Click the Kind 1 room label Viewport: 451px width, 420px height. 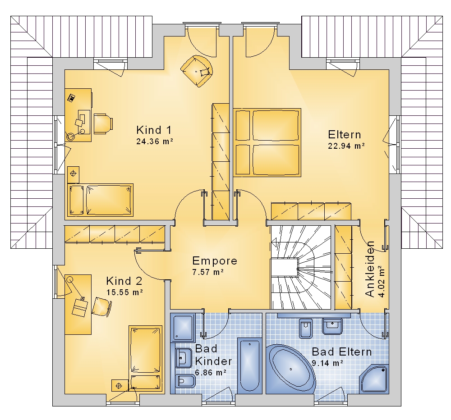pos(154,130)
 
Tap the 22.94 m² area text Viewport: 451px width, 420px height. pos(346,146)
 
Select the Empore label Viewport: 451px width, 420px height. pos(215,261)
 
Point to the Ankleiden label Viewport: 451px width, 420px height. pos(370,269)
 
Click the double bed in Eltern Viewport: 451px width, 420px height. pos(267,142)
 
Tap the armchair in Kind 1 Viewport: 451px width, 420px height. pos(198,71)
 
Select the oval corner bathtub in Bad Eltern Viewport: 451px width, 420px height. pos(291,369)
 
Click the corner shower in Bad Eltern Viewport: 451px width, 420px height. pos(375,379)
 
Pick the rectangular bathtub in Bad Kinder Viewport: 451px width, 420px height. pos(250,365)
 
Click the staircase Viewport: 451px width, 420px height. pos(301,268)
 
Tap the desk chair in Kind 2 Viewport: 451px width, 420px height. pos(102,307)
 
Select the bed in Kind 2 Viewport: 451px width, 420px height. pos(146,358)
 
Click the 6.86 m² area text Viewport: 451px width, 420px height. pos(211,373)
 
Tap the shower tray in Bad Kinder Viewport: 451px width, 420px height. pos(183,327)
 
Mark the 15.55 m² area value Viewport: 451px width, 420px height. pos(124,292)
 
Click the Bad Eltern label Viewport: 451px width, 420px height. pos(342,352)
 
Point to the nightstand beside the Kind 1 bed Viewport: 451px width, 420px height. pos(73,174)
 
